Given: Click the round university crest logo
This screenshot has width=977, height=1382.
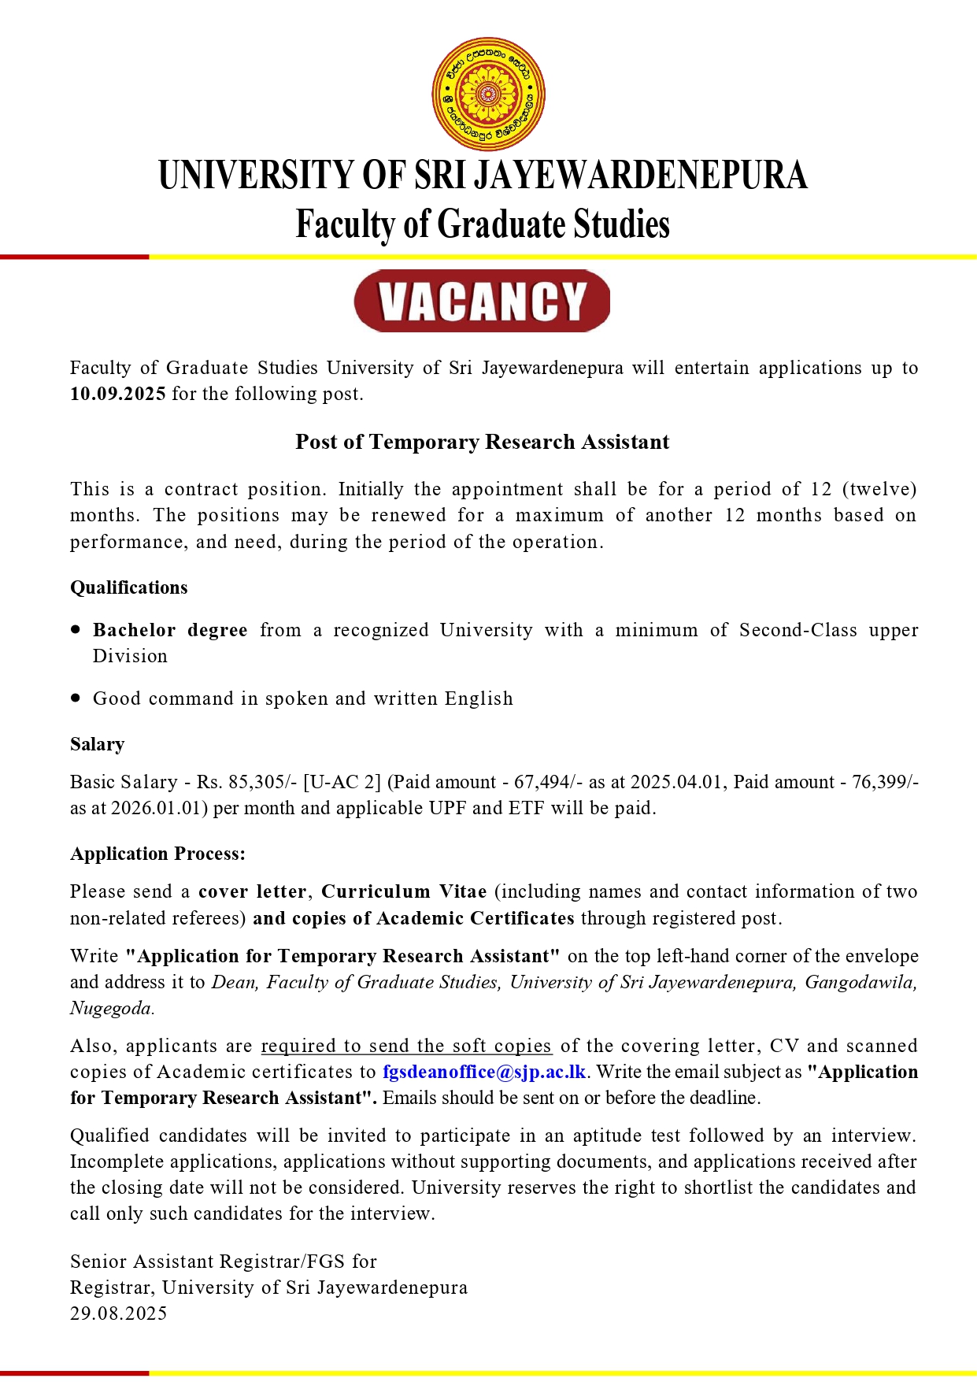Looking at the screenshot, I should click(x=488, y=94).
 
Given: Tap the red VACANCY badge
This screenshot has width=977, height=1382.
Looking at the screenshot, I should click(x=482, y=301).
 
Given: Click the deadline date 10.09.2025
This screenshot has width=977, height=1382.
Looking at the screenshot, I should click(x=118, y=394).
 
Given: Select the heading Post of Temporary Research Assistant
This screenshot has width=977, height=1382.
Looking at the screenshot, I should click(x=482, y=442).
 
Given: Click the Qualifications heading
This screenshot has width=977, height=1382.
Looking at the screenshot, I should click(x=129, y=587).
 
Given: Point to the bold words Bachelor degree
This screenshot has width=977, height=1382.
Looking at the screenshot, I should click(x=170, y=630).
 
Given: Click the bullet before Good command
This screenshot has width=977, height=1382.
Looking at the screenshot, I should click(x=76, y=698).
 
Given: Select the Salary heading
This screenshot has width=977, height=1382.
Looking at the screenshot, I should click(x=98, y=744).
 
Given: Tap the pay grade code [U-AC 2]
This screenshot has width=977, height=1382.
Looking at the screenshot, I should click(x=342, y=782).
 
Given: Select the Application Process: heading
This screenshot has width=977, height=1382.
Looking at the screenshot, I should click(x=157, y=854).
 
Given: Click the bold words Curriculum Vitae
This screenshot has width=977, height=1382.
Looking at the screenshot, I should click(x=404, y=891).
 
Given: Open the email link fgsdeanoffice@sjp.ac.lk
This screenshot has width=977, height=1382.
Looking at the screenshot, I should click(x=484, y=1072).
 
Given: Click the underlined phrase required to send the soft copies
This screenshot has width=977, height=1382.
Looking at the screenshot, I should click(x=406, y=1046).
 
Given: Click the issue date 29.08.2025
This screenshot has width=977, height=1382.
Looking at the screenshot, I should click(x=119, y=1313).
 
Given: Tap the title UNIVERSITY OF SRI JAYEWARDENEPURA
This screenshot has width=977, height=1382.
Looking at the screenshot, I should click(x=483, y=175).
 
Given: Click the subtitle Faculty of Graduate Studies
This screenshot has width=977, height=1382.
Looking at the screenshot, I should click(x=483, y=224).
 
